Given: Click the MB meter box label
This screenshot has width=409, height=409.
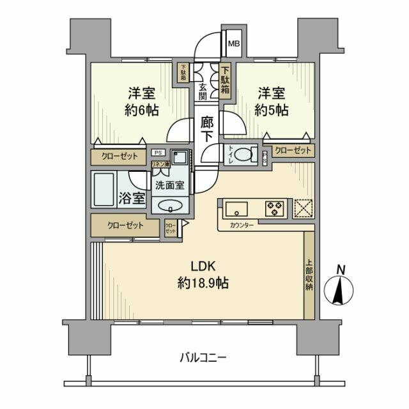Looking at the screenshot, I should pyautogui.click(x=234, y=45).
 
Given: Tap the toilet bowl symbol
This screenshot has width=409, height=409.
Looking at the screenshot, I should pyautogui.click(x=243, y=155).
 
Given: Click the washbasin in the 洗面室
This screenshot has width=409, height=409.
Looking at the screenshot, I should pyautogui.click(x=170, y=205).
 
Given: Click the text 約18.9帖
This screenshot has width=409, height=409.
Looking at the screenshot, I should pyautogui.click(x=202, y=282).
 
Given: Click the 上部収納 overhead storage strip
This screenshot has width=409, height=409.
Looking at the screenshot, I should pyautogui.click(x=309, y=275).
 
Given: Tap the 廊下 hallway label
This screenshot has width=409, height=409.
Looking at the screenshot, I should pyautogui.click(x=206, y=128).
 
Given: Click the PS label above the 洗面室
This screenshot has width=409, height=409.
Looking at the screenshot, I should pyautogui.click(x=157, y=154).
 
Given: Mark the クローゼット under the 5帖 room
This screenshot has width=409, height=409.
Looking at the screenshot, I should pyautogui.click(x=293, y=151).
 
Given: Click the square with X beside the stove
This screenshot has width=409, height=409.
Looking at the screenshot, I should pyautogui.click(x=303, y=208).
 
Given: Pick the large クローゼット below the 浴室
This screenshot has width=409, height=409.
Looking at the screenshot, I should pyautogui.click(x=125, y=226).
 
